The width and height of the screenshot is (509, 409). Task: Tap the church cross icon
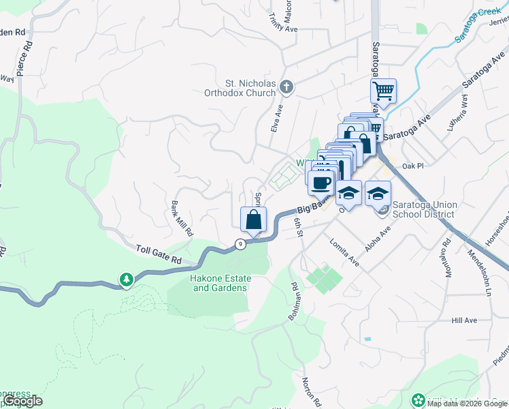287,87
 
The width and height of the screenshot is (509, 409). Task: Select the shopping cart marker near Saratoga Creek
384,91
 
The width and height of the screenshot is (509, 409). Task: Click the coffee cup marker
321,182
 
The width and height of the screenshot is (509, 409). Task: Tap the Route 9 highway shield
240,243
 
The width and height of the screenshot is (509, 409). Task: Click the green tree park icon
126,279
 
